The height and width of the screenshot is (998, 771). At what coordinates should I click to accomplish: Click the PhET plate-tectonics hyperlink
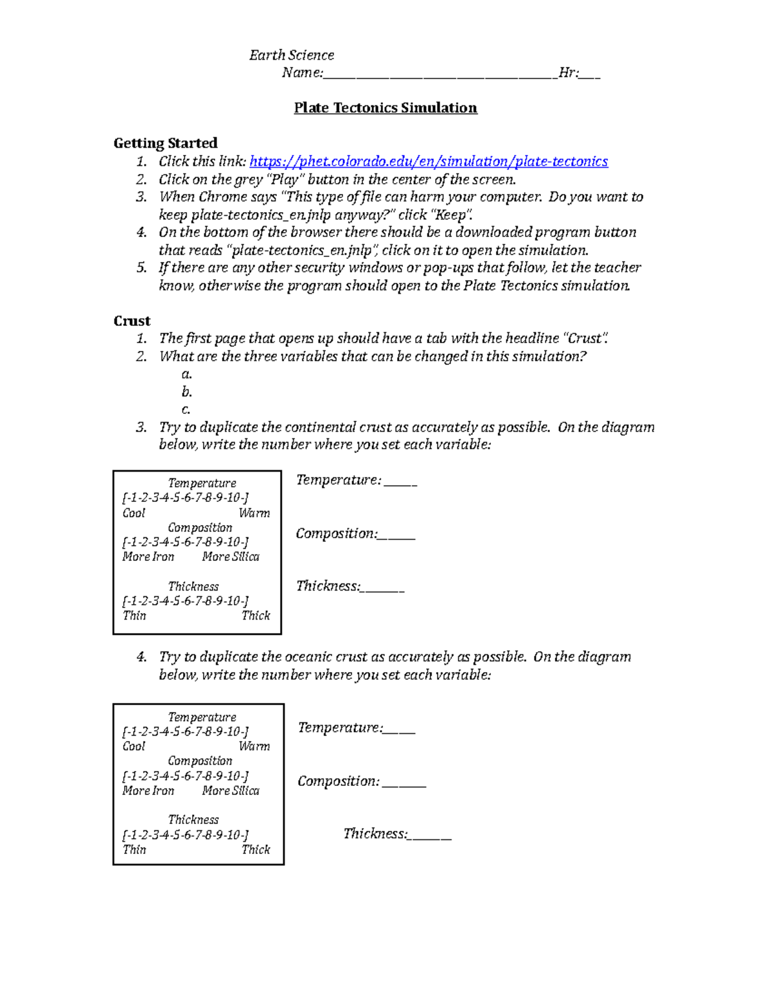click(428, 161)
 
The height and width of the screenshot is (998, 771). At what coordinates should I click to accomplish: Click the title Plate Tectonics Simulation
click(385, 108)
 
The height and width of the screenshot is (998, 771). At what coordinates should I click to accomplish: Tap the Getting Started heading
click(165, 143)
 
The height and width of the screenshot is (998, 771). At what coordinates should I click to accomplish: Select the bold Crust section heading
click(132, 321)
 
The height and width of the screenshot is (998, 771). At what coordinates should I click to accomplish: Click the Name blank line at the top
click(439, 74)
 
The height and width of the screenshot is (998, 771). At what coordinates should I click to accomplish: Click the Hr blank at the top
click(590, 74)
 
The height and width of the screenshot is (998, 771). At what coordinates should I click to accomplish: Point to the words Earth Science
click(292, 55)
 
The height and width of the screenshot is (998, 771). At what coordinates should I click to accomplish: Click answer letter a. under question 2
click(186, 374)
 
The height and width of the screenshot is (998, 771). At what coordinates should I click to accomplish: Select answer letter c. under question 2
click(186, 409)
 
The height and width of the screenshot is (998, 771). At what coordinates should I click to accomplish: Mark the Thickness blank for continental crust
click(384, 587)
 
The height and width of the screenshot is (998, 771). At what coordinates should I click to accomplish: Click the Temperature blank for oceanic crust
click(400, 729)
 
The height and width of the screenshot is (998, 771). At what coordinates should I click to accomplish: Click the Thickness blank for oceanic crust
click(430, 835)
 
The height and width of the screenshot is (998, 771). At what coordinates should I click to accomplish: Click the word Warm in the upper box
click(254, 513)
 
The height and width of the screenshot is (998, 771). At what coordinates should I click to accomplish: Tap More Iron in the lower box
click(148, 790)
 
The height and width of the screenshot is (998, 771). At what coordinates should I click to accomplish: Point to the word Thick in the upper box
click(256, 616)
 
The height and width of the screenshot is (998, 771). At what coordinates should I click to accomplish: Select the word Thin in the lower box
click(134, 850)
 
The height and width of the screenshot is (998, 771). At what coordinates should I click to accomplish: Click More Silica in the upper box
click(231, 557)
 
